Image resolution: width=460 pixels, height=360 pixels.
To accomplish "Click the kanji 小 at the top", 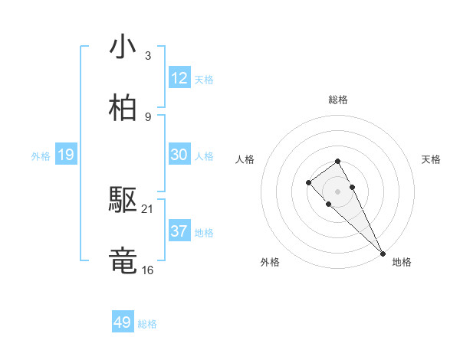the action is click(x=123, y=47).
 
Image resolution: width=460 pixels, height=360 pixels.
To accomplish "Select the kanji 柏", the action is click(x=123, y=108).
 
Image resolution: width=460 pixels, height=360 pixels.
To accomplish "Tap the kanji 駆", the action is click(x=123, y=201).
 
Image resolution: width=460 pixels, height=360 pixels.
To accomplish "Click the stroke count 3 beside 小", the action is click(x=148, y=56).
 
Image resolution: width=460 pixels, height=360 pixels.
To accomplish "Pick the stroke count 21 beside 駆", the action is click(x=148, y=208).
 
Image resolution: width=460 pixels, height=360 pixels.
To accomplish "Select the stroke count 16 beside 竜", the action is click(x=148, y=270).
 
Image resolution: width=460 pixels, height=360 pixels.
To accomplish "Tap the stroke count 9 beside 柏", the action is click(x=148, y=116).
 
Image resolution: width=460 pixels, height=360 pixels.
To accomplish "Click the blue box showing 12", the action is click(x=179, y=78).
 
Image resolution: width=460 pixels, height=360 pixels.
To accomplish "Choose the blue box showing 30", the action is click(x=179, y=155).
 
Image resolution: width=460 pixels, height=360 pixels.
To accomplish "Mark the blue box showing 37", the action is click(x=179, y=231).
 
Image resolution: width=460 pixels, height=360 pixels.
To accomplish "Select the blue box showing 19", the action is click(x=65, y=155).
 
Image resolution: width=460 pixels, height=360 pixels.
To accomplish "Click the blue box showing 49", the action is click(x=122, y=322).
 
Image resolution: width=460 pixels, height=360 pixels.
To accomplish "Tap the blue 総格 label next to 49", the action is click(x=147, y=324).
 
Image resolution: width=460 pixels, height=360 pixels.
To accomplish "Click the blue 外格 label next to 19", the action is click(x=41, y=156).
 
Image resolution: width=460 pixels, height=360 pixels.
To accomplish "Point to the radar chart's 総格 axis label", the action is click(x=338, y=100).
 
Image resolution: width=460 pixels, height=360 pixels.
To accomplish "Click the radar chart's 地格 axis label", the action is click(x=402, y=262).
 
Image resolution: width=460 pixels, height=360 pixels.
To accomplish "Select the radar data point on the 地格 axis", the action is click(x=383, y=254).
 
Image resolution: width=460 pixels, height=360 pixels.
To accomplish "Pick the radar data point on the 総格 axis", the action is click(x=337, y=161).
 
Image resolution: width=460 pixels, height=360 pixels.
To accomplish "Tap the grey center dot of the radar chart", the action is click(x=337, y=191).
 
